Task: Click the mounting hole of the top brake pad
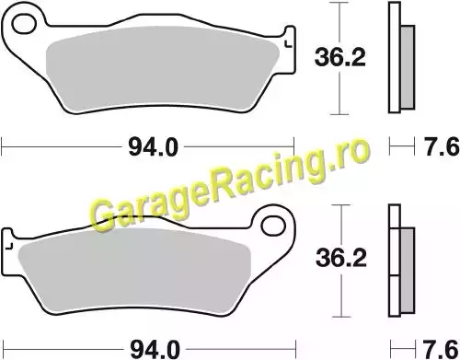[x=24, y=24]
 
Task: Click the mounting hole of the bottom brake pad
[x=273, y=226]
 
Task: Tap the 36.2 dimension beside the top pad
[x=340, y=57]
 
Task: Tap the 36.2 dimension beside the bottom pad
[x=341, y=258]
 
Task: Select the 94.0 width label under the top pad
[x=153, y=147]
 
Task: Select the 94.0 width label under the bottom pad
[x=155, y=349]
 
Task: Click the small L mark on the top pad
[x=288, y=44]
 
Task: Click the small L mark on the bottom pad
[x=10, y=245]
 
